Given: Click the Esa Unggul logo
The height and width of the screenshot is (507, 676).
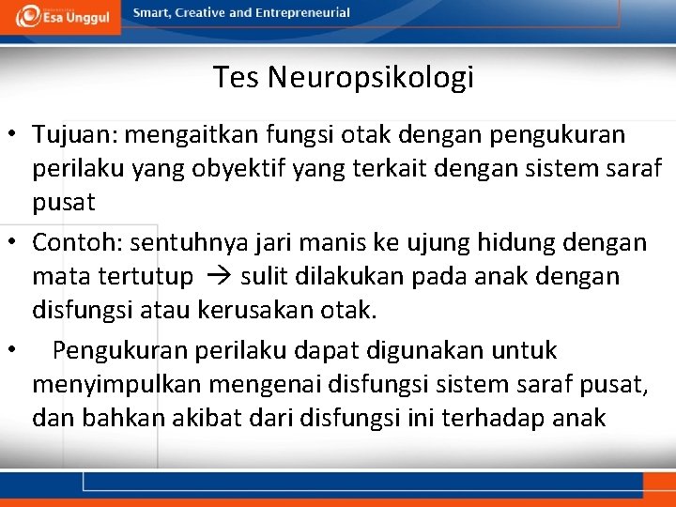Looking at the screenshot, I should click(60, 16).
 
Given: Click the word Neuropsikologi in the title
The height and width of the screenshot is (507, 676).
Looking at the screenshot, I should click(370, 77).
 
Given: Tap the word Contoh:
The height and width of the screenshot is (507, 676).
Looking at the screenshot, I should click(77, 243).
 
